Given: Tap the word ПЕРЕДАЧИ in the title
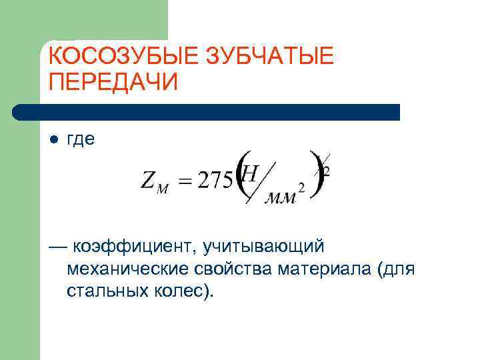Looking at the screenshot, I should [x=114, y=83].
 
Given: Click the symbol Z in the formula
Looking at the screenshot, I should [x=148, y=180].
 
